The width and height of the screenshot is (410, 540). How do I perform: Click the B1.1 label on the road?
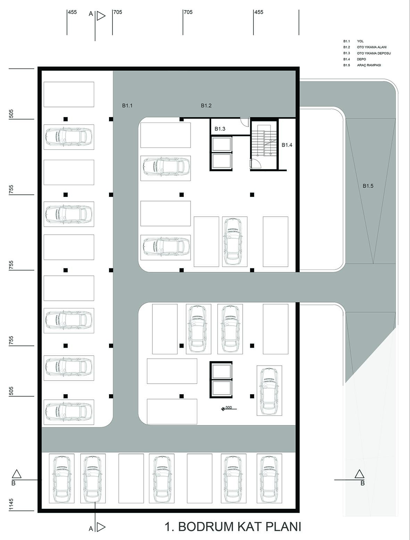coord(127,106)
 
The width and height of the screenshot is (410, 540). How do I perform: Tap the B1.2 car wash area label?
coord(206,106)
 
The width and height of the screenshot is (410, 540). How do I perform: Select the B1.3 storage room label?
coord(220,129)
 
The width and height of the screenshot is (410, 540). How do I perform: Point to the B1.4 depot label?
coord(287,145)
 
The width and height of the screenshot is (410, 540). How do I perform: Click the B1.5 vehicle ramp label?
coord(368,186)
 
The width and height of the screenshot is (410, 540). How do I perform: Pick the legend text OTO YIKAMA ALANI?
coord(371,47)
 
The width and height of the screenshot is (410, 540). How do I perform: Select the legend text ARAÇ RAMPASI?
coord(369,65)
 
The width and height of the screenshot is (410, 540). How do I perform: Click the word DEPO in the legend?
coord(361,59)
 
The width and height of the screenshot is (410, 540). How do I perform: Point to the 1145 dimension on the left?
coord(11,505)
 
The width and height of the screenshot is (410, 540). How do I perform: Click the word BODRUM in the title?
coord(206,526)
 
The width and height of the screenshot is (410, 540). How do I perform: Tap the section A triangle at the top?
coord(101,16)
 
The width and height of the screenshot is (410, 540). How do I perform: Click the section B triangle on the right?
coord(359,474)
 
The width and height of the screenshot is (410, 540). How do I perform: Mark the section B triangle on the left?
coord(16,474)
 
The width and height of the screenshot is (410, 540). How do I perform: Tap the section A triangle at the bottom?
coord(101,527)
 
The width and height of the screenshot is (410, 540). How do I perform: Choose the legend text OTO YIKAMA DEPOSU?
coord(374,53)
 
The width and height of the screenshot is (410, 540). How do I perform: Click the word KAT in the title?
coord(249,526)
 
